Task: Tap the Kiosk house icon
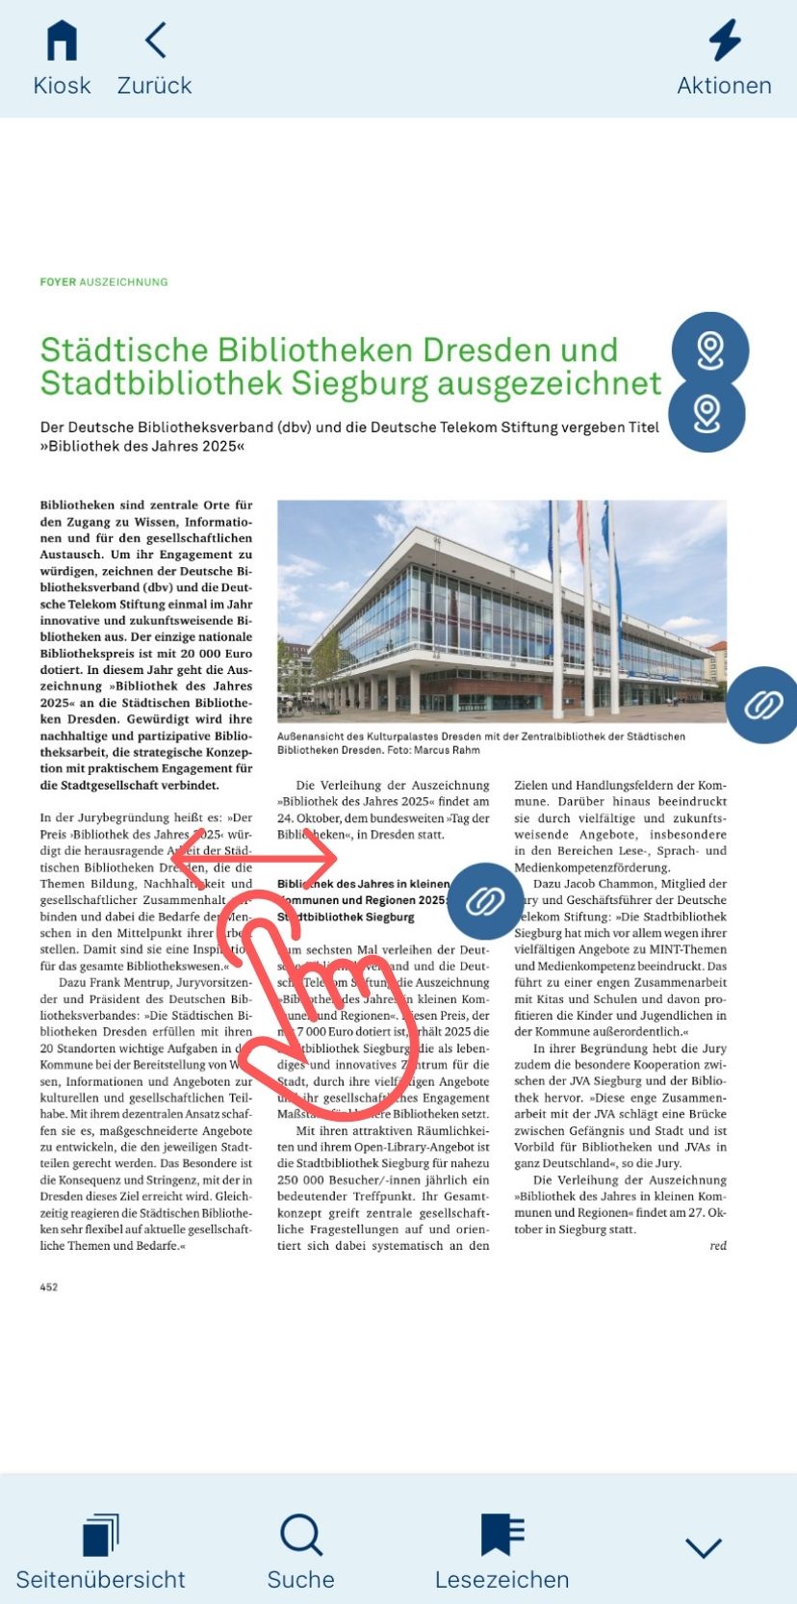click(62, 41)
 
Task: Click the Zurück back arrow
click(155, 40)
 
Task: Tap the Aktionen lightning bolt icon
click(724, 40)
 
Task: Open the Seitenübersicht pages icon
click(100, 1535)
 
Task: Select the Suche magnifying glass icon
click(301, 1535)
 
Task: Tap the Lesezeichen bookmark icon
click(501, 1535)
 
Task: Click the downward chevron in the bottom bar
click(703, 1547)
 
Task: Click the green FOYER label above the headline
click(58, 282)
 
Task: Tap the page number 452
click(49, 1287)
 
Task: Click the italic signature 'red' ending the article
click(718, 1246)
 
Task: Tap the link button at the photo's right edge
click(762, 705)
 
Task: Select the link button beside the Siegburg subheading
click(485, 901)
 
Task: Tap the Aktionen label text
click(724, 86)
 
